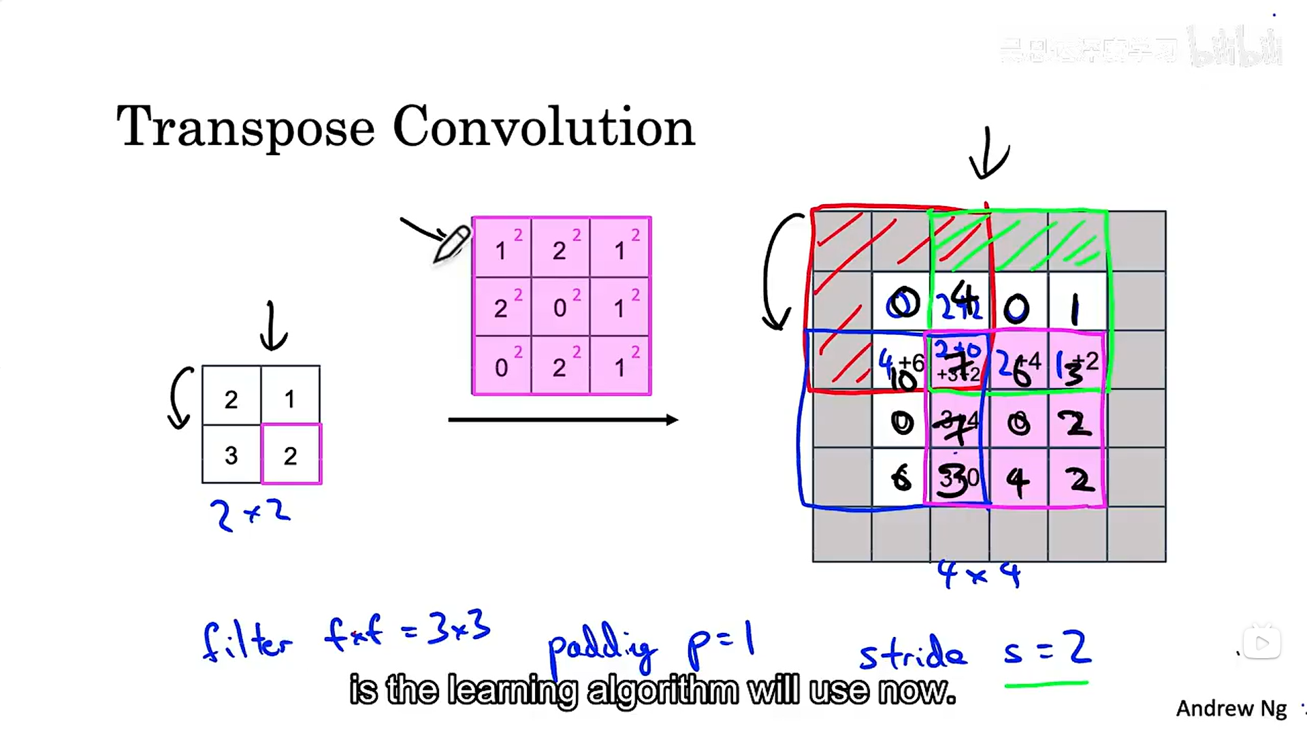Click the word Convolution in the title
(543, 127)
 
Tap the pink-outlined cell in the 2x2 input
(291, 455)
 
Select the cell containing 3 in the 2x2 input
(231, 455)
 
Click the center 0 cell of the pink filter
(560, 307)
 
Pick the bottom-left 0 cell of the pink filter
(502, 366)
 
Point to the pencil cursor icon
(452, 244)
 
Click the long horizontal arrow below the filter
(562, 420)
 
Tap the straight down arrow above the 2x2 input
(273, 327)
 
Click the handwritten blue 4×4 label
(979, 574)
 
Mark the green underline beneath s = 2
(1046, 684)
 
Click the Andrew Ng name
(1231, 708)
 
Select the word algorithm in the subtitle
(662, 691)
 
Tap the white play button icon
(1261, 643)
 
